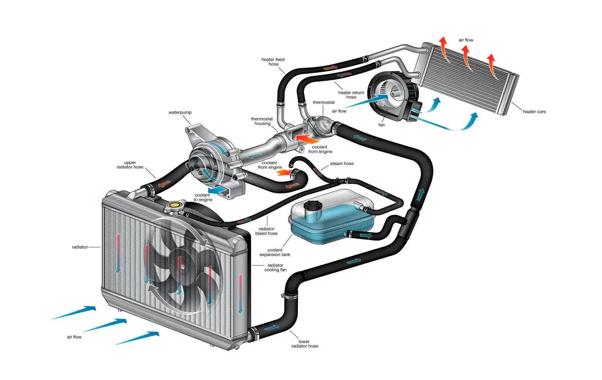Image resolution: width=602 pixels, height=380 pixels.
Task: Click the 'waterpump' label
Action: [180, 113]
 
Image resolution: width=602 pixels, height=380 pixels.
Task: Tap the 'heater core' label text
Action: [534, 111]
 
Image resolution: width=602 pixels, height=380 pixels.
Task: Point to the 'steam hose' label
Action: [342, 164]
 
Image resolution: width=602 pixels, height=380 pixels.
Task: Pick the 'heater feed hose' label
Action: [273, 62]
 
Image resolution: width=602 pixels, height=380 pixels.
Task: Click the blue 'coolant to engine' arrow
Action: [217, 190]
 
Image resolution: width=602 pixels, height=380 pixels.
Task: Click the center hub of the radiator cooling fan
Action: [179, 261]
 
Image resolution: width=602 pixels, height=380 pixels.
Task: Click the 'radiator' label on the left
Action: [80, 247]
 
